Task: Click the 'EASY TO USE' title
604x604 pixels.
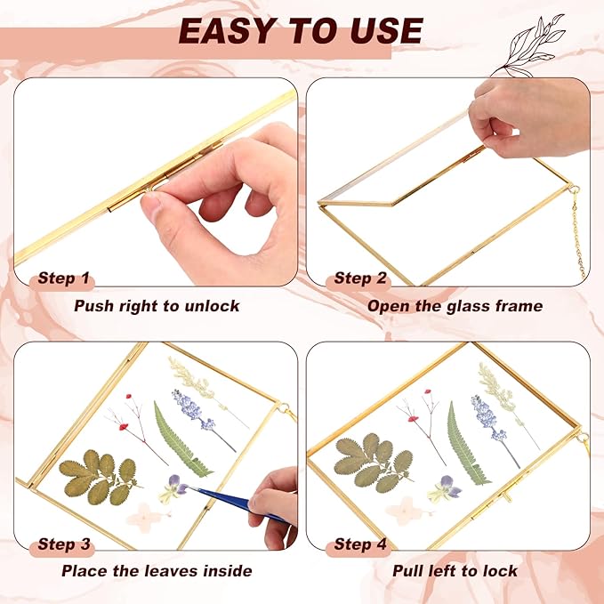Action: [301, 31]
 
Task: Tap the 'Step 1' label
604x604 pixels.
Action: [63, 278]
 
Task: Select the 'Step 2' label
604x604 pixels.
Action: [359, 278]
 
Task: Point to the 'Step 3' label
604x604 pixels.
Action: [63, 544]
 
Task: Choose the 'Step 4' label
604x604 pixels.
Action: [359, 544]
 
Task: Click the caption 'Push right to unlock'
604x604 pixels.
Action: [157, 306]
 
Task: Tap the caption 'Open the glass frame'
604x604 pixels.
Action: [455, 306]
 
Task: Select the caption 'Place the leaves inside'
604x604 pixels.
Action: [157, 571]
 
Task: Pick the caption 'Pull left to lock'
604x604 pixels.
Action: [455, 571]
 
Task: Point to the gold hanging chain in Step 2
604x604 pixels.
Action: [577, 231]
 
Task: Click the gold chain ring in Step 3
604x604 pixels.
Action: [283, 408]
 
